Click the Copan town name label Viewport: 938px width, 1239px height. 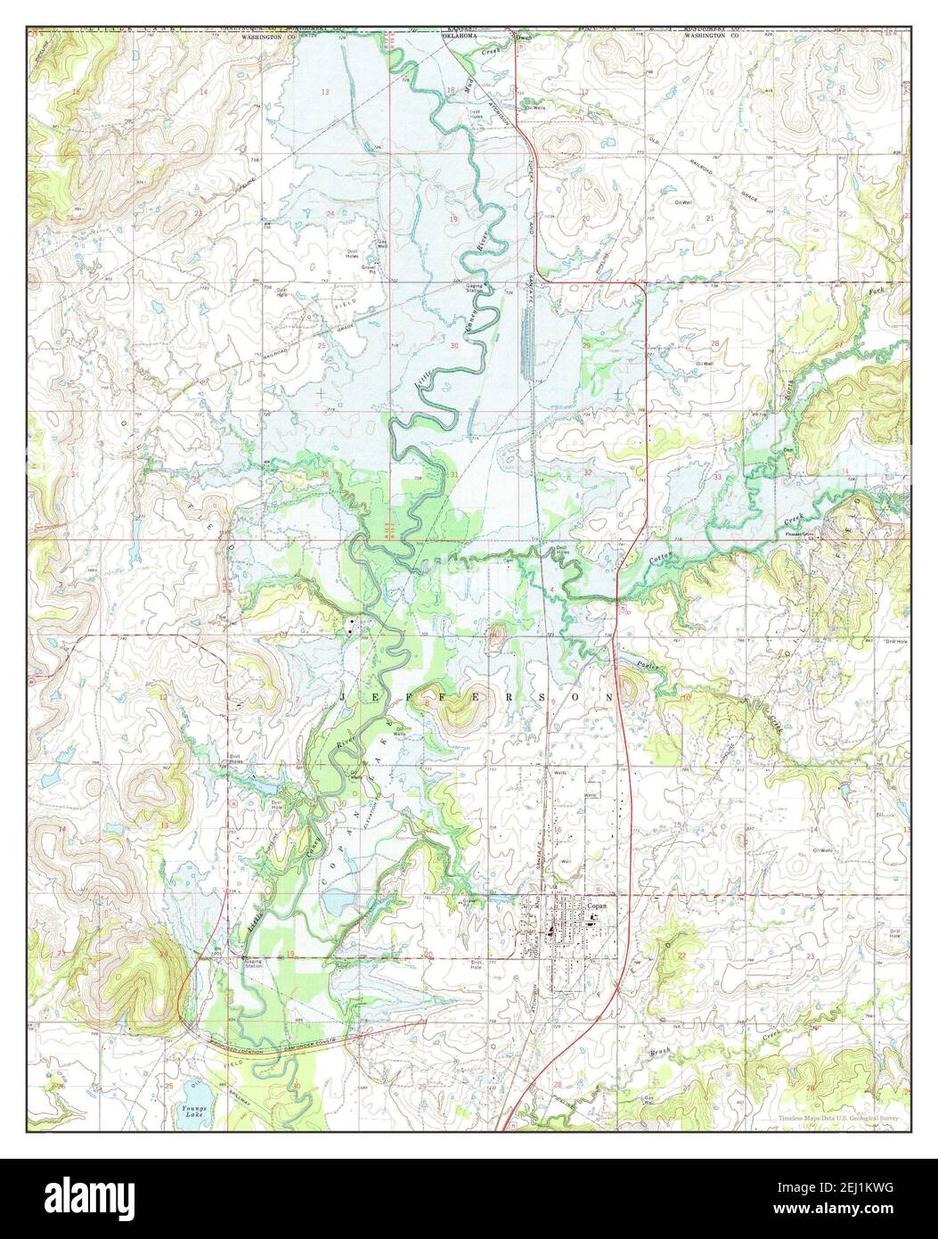tap(597, 905)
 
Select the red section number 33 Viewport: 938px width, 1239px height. tap(717, 478)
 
